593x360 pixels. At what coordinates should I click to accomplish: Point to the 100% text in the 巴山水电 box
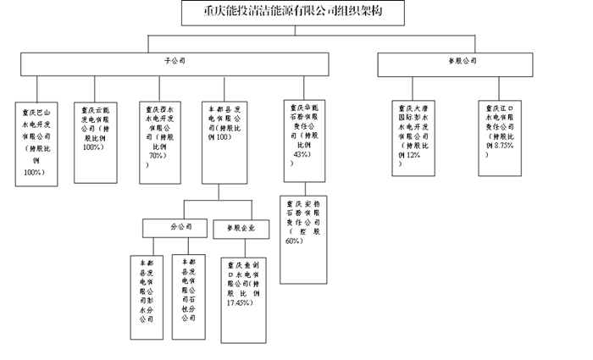click(x=35, y=172)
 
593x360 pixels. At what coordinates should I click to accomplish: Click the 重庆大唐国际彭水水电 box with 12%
click(x=414, y=137)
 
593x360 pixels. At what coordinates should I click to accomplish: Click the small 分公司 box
click(x=175, y=227)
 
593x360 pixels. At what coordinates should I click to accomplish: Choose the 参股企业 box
click(x=242, y=228)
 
